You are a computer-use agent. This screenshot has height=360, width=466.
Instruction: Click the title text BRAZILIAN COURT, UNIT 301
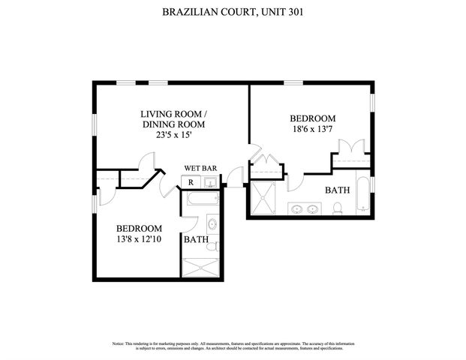point(233,12)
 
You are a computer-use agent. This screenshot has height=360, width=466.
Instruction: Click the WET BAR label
point(200,168)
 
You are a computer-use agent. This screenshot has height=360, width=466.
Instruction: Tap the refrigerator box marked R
point(191,182)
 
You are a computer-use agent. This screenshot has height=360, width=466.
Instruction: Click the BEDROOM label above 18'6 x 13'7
point(312,118)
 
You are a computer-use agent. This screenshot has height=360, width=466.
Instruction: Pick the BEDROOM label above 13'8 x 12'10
point(139,228)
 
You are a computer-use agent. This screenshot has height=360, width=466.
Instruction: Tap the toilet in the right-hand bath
point(339,208)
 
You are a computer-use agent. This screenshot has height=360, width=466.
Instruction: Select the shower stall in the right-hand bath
point(263,197)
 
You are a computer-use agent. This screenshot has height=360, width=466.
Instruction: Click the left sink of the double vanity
point(296,209)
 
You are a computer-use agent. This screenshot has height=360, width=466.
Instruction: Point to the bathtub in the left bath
point(200,200)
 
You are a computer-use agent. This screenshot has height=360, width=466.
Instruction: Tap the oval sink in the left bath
point(212,223)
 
